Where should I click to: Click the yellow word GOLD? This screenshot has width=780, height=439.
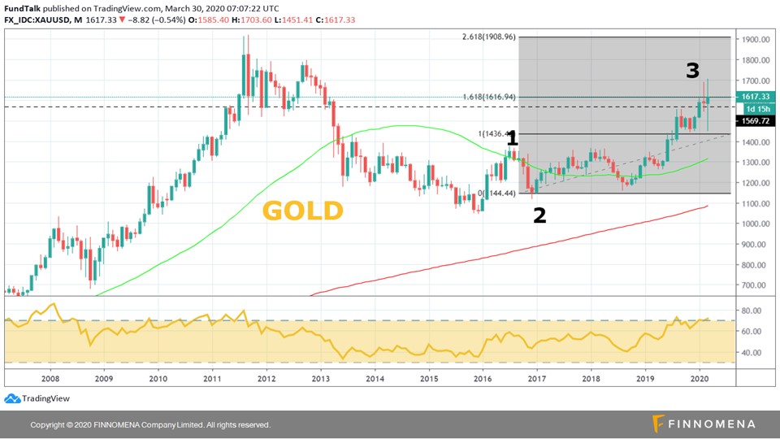click(303, 211)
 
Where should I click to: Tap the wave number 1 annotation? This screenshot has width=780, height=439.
click(512, 140)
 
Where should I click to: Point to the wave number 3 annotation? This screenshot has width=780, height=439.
click(692, 71)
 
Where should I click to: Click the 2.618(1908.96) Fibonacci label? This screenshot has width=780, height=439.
click(490, 37)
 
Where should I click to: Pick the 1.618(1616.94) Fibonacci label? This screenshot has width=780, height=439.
click(490, 97)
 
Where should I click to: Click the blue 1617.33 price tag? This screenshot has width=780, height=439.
click(753, 97)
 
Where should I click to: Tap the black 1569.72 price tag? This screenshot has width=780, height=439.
click(753, 120)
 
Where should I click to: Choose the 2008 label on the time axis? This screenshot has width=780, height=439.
click(50, 379)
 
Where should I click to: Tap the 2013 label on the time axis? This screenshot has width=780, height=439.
click(321, 379)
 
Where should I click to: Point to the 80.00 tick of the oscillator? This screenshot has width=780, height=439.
click(752, 311)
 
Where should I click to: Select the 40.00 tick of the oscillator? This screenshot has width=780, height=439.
click(752, 353)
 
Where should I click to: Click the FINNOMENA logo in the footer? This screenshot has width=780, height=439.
click(704, 424)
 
